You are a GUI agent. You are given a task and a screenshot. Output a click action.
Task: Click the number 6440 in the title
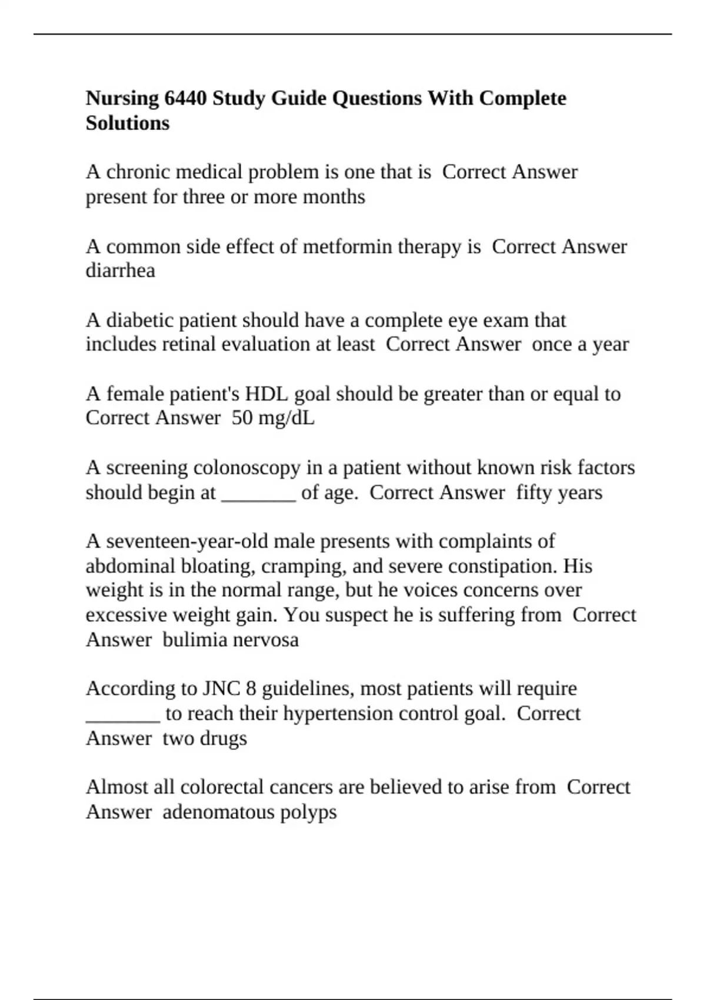(x=185, y=98)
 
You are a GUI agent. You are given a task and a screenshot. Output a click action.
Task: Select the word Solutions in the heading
(x=127, y=124)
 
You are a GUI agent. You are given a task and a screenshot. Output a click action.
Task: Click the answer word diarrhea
(x=120, y=271)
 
